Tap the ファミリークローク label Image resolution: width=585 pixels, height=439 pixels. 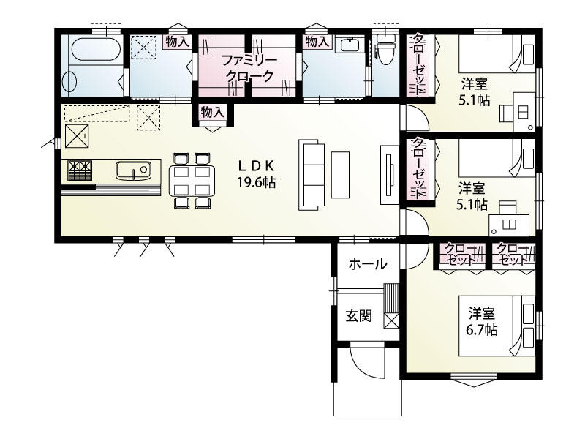coord(250,68)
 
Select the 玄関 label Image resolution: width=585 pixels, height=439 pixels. coord(359,316)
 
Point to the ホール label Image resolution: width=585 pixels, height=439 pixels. coord(368,264)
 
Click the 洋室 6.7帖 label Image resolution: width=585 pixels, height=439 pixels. coord(482,322)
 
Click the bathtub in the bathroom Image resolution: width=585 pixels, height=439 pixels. coord(96,49)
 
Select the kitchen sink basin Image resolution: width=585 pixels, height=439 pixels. coord(133,170)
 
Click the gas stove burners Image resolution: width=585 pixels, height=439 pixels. coord(80,170)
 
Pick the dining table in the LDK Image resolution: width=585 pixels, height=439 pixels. coord(192,181)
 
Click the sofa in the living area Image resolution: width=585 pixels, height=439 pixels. coord(312,175)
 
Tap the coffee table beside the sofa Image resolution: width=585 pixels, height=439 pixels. coord(340,175)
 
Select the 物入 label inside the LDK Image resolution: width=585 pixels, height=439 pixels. coord(212,112)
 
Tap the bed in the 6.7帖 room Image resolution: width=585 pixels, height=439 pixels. coord(497,326)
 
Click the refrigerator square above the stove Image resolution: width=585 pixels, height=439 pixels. coord(78,136)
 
